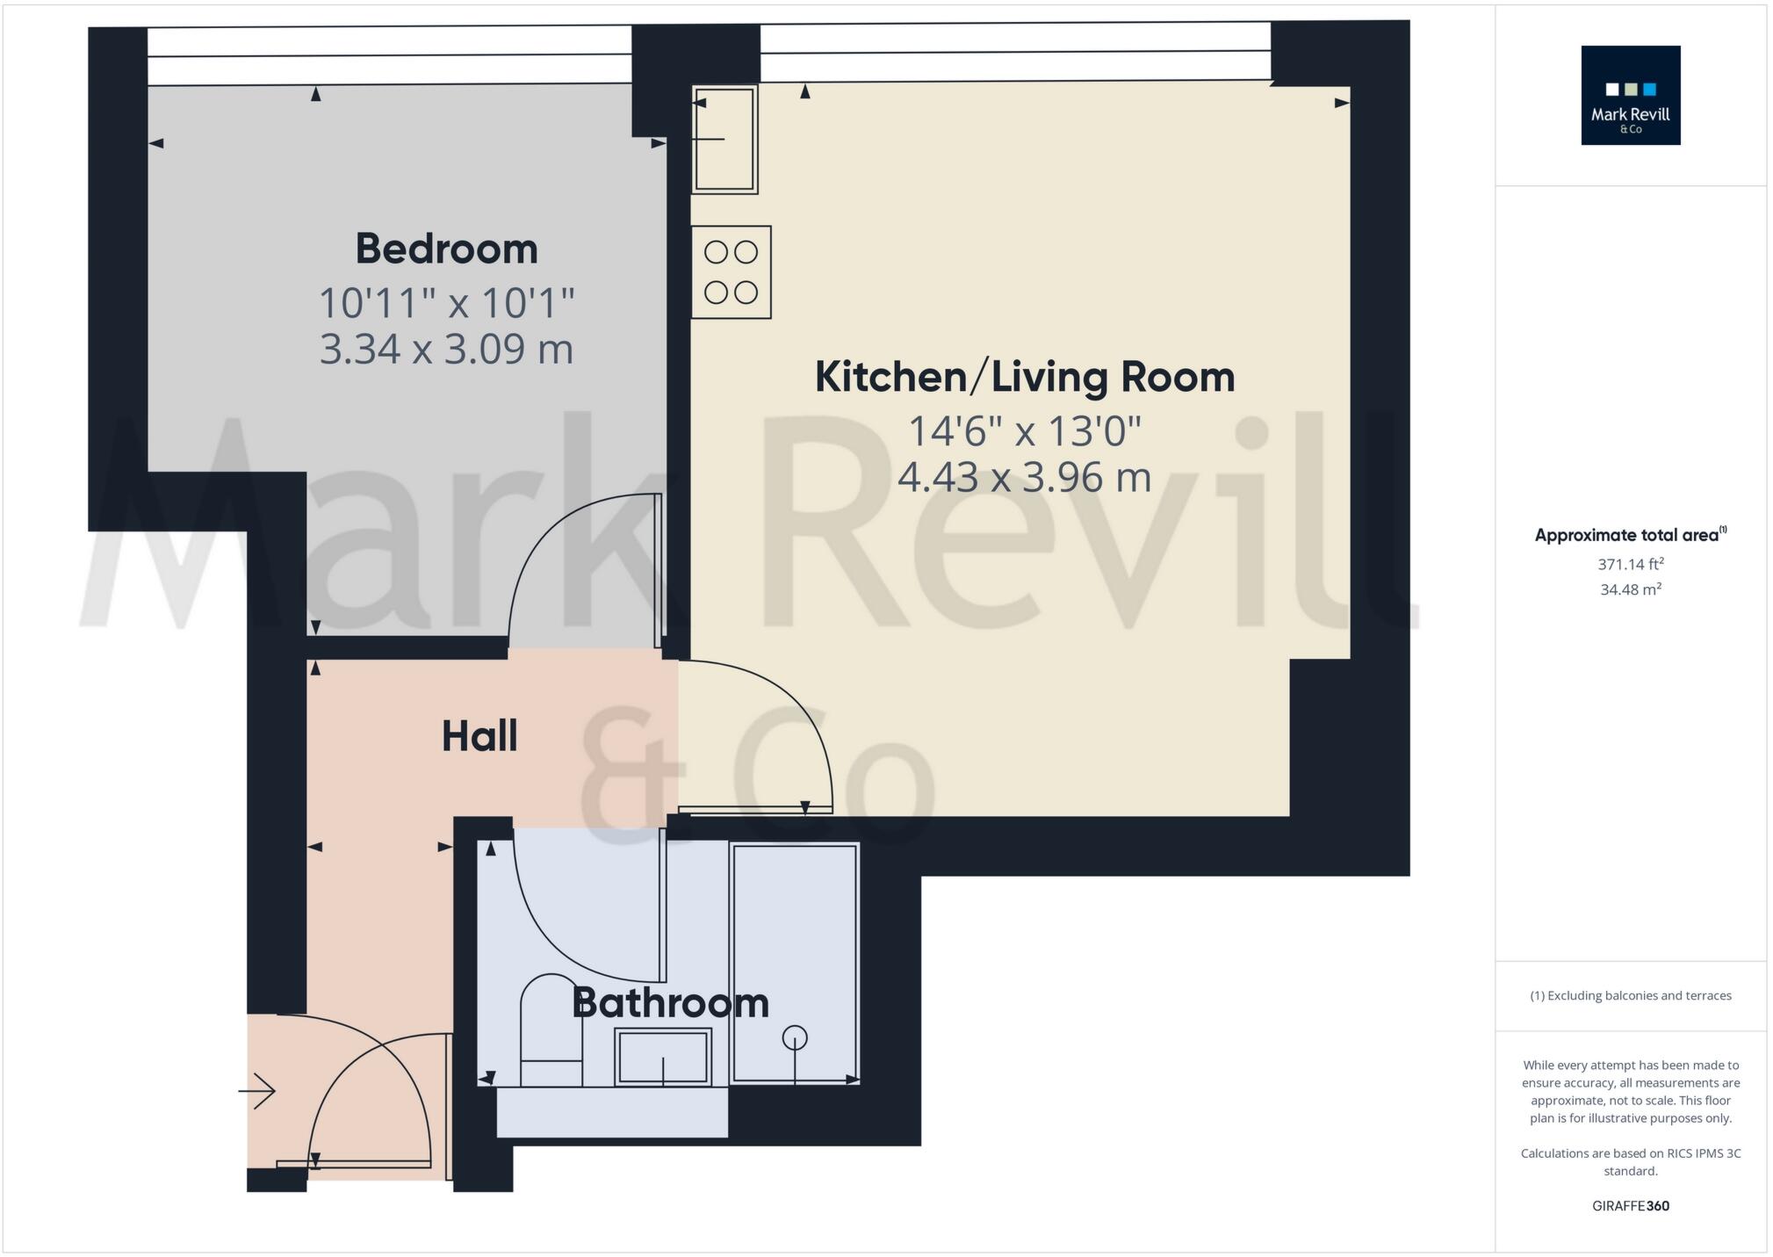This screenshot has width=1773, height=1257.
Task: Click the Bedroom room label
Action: tap(446, 249)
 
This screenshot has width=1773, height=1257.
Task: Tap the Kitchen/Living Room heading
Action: tap(1024, 377)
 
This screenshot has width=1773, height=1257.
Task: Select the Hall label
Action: tap(479, 736)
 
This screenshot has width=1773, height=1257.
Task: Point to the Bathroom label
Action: tap(670, 1003)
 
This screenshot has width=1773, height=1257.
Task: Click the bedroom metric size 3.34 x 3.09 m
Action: tap(446, 349)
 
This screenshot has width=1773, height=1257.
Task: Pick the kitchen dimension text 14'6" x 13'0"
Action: tap(1024, 431)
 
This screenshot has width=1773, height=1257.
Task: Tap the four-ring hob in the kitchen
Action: tap(731, 272)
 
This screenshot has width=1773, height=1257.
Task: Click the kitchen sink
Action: tap(724, 139)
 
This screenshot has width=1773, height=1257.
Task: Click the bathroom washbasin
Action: tap(663, 1057)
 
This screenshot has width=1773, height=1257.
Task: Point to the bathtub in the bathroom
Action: tap(795, 964)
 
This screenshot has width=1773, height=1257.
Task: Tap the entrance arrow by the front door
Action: tap(257, 1092)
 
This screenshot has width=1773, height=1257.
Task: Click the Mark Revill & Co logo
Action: tap(1630, 95)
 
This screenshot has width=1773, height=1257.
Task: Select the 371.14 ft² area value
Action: tap(1630, 564)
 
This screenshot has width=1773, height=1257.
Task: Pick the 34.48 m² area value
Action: tap(1630, 589)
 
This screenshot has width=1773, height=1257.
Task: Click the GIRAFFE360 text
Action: tap(1630, 1206)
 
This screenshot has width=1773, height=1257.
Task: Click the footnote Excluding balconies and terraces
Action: tap(1630, 995)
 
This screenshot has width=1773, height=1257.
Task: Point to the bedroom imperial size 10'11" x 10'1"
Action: tap(446, 303)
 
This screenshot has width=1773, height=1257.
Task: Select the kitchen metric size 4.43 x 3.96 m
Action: tap(1024, 478)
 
